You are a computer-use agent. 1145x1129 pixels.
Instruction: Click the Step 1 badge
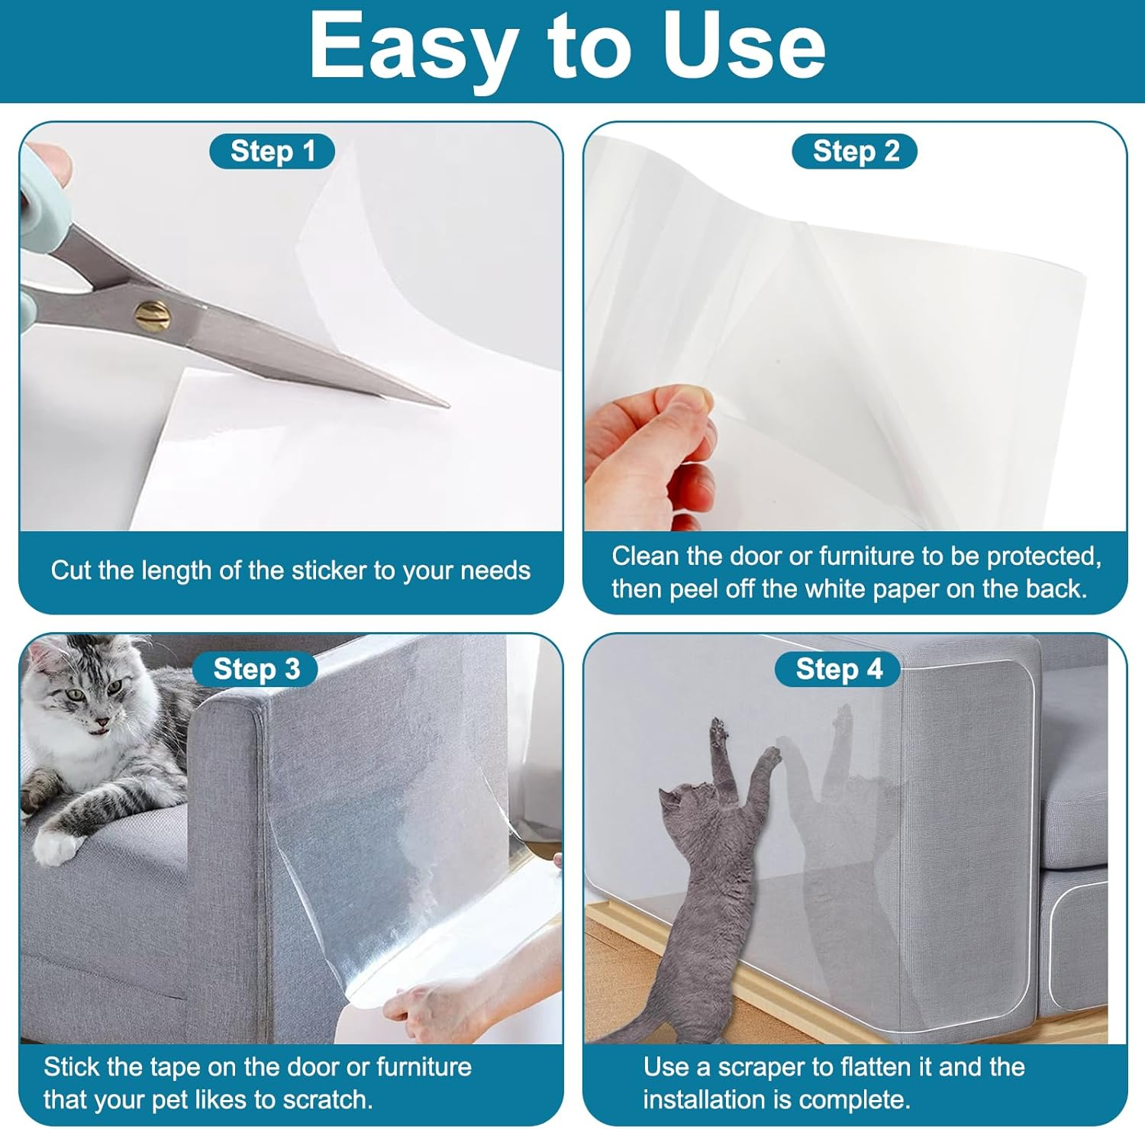point(272,151)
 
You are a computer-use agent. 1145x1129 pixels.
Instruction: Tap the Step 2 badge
point(855,151)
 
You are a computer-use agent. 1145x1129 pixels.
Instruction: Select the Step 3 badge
point(256,669)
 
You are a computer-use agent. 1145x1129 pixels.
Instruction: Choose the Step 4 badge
point(838,669)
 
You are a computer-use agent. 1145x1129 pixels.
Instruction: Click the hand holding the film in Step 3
point(427,1008)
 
